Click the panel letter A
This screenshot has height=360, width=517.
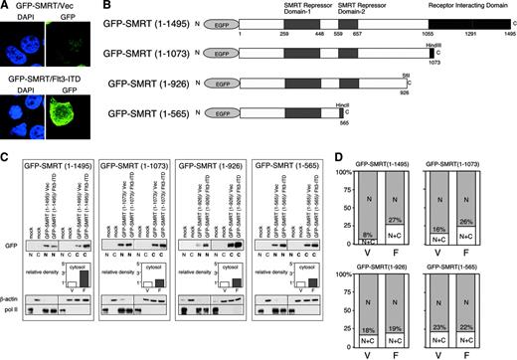click(x=6, y=7)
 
